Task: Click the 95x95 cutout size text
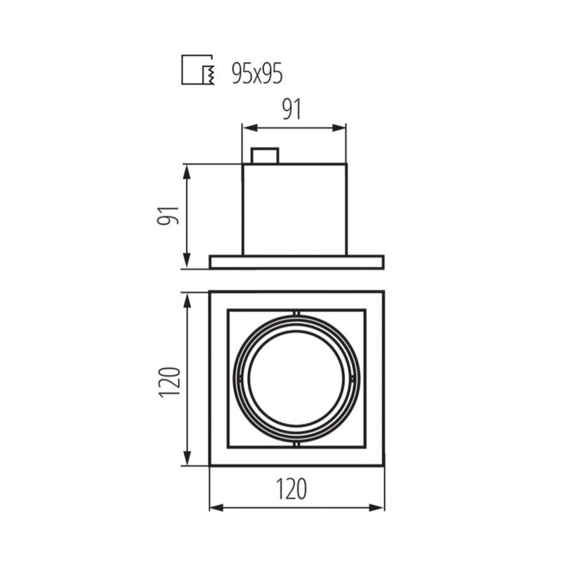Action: click(x=257, y=74)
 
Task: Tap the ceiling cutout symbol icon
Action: click(x=198, y=70)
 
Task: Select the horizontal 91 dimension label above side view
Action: click(x=292, y=110)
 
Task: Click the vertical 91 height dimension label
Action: click(x=168, y=215)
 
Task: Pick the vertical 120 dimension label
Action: click(x=169, y=381)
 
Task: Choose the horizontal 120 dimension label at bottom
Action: click(x=292, y=489)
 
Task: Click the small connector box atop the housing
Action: click(x=265, y=156)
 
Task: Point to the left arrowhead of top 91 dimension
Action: click(x=250, y=128)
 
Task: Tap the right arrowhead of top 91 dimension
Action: click(x=339, y=128)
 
